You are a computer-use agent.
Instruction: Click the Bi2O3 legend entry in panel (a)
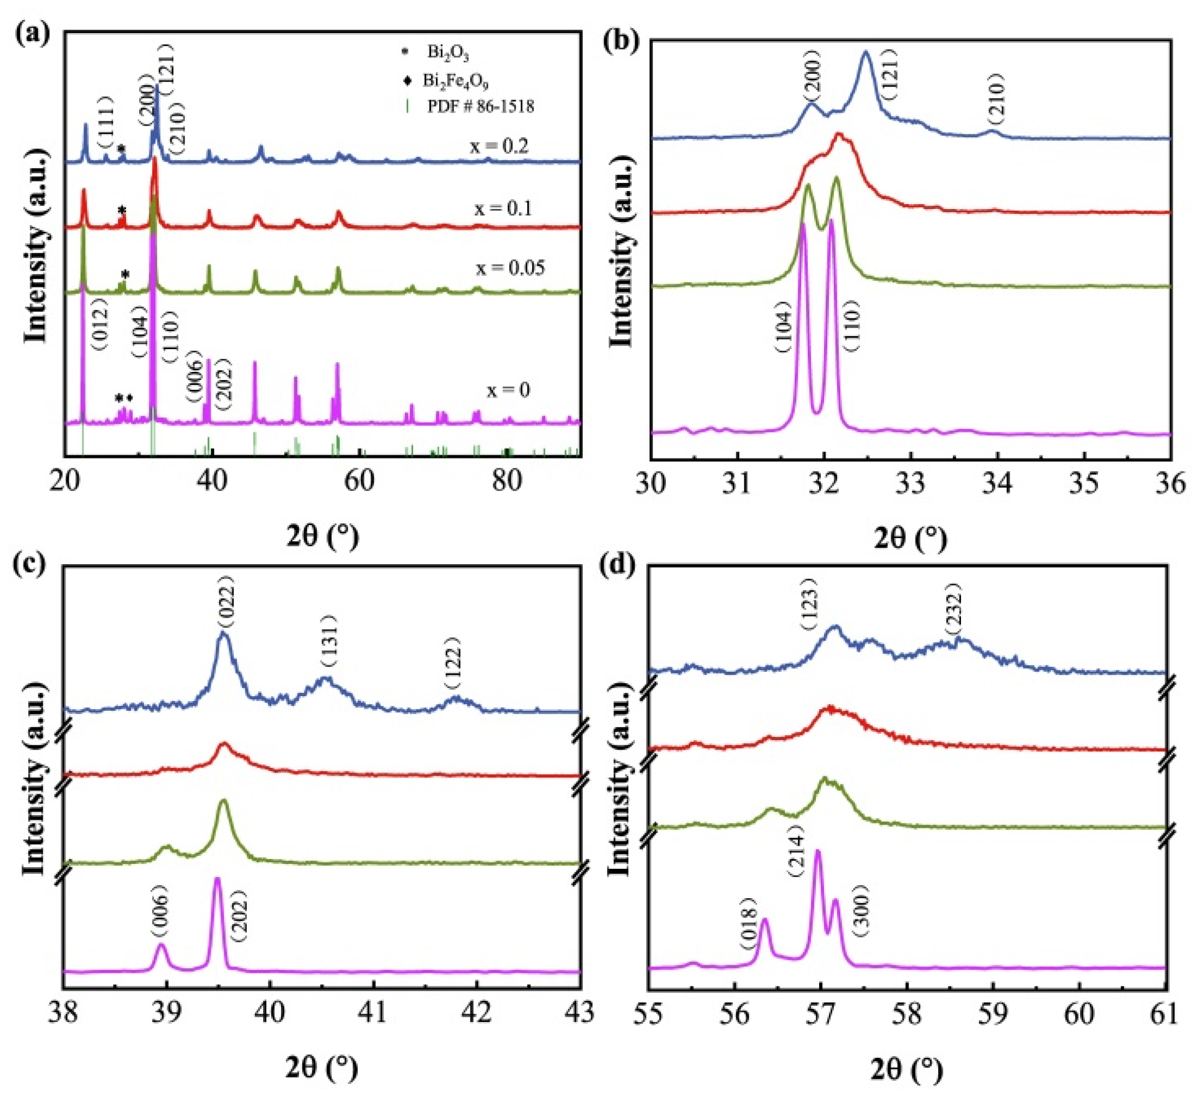click(447, 53)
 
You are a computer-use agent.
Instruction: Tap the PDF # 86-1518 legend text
click(480, 107)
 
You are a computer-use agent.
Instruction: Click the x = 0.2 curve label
click(498, 146)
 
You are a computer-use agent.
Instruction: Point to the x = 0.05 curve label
click(509, 268)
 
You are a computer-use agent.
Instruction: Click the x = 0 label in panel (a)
click(508, 390)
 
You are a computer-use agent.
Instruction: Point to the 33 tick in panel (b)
click(910, 484)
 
